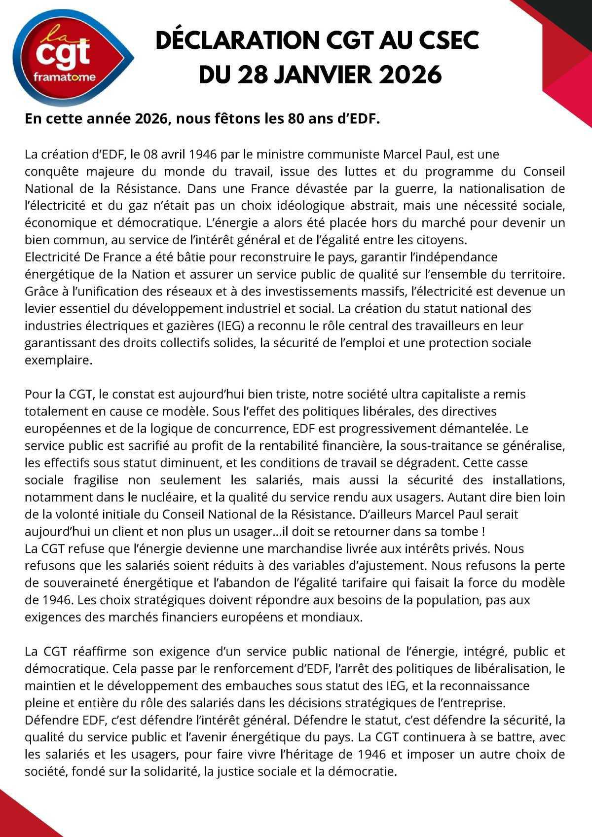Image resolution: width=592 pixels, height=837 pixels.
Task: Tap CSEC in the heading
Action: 449,40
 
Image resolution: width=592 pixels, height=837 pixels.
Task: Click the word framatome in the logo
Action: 65,77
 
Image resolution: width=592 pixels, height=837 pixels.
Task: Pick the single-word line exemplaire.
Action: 59,360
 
